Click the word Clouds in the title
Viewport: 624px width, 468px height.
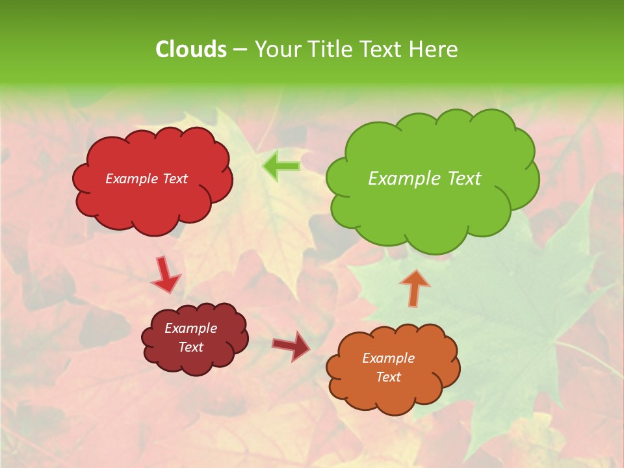[190, 49]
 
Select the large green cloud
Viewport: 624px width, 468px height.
[432, 208]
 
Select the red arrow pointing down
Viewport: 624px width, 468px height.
[165, 274]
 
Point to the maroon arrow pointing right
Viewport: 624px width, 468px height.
[291, 346]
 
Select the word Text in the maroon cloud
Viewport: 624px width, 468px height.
[191, 347]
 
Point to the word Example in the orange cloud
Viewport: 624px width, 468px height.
[388, 358]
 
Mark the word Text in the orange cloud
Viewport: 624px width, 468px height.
[388, 377]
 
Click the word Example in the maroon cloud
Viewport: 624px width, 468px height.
[191, 328]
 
